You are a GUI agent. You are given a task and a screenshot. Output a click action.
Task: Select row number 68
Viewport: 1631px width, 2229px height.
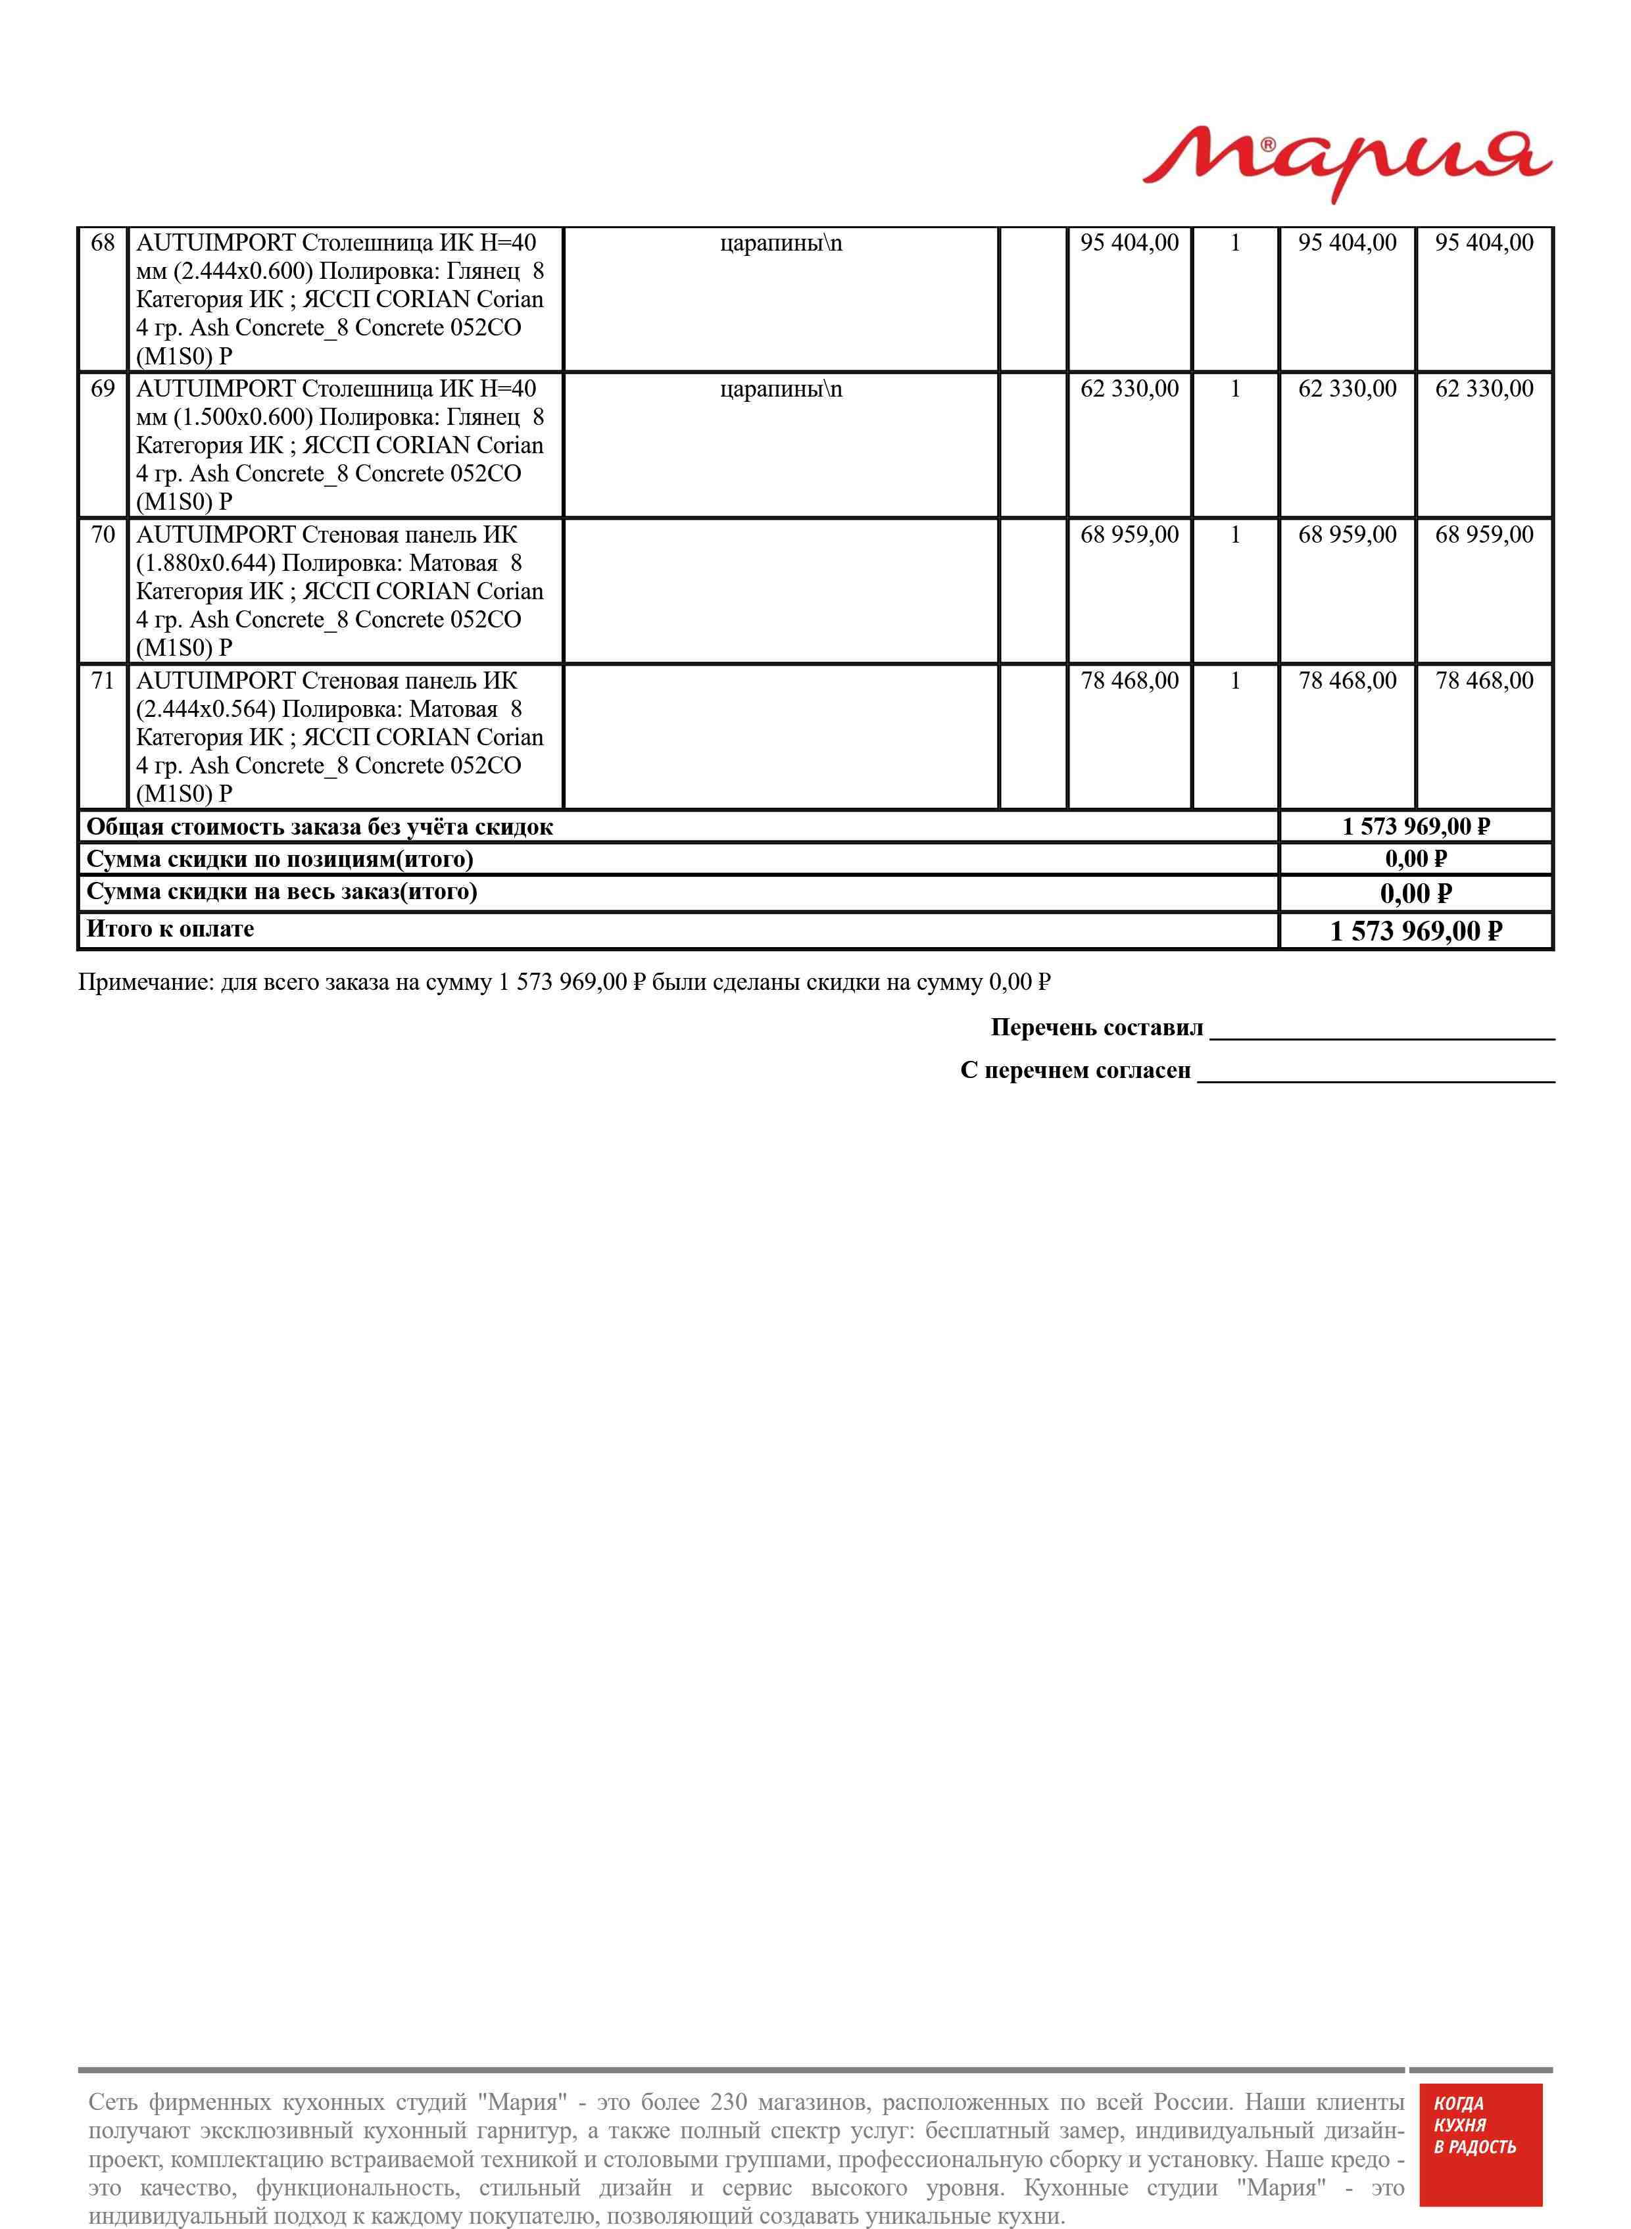(x=103, y=243)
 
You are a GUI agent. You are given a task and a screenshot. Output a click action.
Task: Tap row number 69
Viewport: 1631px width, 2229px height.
(x=103, y=389)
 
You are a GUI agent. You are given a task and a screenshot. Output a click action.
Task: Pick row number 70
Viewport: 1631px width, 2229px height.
(x=103, y=535)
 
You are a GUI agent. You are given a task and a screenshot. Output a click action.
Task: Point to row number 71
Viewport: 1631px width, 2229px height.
(x=103, y=681)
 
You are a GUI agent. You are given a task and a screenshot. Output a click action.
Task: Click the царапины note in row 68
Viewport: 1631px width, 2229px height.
(x=781, y=243)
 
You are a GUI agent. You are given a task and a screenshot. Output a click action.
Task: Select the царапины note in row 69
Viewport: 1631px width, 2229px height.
(x=781, y=389)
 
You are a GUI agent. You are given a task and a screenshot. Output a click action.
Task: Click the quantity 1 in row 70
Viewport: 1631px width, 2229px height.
(x=1234, y=535)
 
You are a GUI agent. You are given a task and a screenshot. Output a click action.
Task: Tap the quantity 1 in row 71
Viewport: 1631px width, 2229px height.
(x=1234, y=681)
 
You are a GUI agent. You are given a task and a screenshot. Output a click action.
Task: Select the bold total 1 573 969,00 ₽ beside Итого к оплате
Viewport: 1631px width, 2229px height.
(x=1416, y=931)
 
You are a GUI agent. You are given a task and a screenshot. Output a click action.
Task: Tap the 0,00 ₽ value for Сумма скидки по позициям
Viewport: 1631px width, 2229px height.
(x=1416, y=859)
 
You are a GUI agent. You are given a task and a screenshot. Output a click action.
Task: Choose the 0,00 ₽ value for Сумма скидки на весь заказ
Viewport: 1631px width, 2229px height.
(x=1416, y=894)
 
